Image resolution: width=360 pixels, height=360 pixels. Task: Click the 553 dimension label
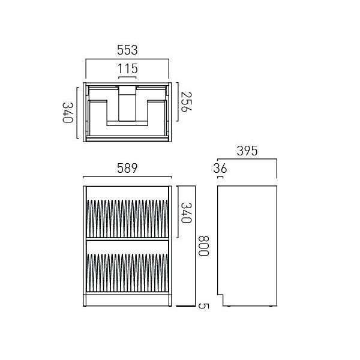(127, 50)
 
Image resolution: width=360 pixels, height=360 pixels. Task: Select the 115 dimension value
(127, 68)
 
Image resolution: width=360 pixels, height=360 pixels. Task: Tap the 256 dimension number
(186, 102)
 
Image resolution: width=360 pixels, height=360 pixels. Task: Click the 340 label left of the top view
(68, 113)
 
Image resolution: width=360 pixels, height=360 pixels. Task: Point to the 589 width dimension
(127, 168)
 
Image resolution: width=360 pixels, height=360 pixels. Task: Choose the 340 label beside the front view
(186, 213)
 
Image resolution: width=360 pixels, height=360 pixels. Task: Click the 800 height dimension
(203, 245)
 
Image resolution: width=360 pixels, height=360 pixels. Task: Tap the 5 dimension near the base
(203, 306)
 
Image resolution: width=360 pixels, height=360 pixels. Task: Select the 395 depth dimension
(247, 151)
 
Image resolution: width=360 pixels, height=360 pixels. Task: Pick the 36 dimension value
(220, 168)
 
